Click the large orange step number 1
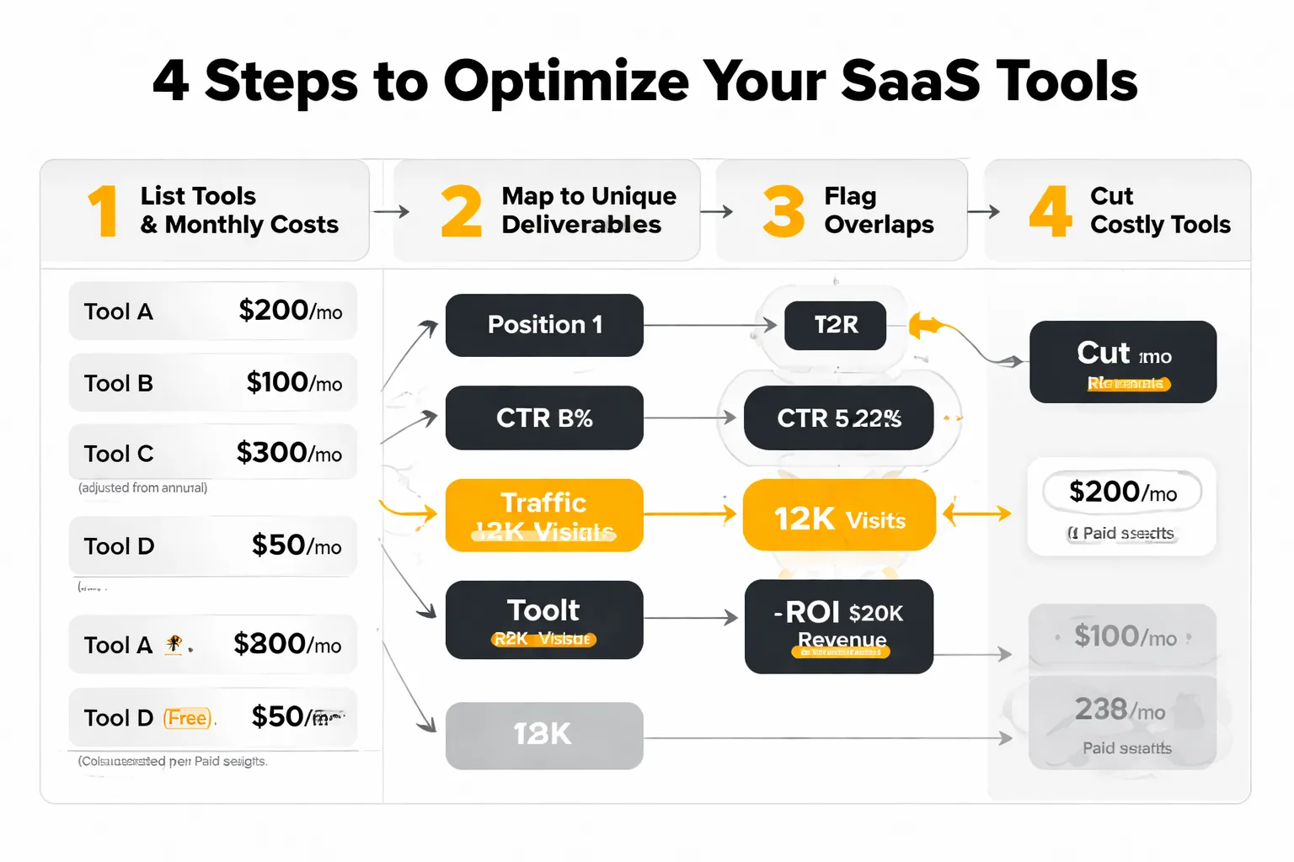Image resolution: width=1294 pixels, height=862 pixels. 103,211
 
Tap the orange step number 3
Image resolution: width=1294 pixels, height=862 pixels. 783,211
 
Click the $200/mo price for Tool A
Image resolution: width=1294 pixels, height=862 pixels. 290,311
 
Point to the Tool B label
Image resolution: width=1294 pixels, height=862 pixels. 119,383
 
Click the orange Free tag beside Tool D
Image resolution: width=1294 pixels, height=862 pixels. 188,718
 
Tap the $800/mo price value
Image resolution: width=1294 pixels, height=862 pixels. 287,644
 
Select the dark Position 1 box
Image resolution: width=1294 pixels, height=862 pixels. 544,325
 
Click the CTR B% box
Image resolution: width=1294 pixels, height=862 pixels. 544,418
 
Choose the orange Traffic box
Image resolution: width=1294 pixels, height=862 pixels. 544,515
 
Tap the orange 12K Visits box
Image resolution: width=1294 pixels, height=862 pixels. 839,515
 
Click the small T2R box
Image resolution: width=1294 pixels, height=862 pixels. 835,325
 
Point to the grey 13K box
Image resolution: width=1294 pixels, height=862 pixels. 544,735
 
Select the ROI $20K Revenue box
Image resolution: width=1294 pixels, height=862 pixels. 839,626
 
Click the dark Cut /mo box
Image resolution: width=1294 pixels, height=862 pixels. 1123,362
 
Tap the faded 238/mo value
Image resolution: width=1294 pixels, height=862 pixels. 1120,710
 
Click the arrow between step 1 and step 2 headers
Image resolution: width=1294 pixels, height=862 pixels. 391,211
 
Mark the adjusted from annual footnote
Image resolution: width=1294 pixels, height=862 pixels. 142,488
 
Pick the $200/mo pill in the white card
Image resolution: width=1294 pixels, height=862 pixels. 1122,492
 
